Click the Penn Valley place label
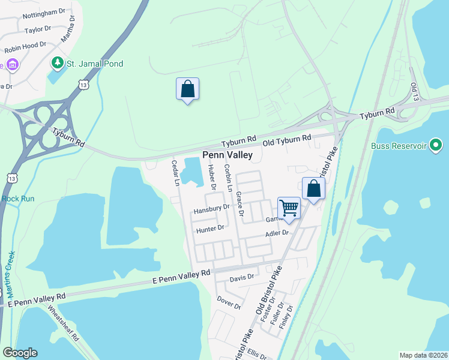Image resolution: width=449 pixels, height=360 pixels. [x=227, y=155]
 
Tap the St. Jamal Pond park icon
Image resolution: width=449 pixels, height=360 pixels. [x=58, y=63]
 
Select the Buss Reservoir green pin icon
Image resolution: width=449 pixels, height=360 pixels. [x=436, y=146]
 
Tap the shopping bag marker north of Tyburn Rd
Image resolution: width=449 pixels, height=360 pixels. [x=187, y=89]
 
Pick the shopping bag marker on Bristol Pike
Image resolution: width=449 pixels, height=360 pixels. [x=313, y=189]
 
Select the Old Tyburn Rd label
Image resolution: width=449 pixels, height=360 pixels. [x=288, y=139]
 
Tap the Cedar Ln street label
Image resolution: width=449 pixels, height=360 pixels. [x=176, y=173]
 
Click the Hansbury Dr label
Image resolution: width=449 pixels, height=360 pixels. [x=212, y=209]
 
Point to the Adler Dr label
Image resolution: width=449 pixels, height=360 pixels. [x=277, y=233]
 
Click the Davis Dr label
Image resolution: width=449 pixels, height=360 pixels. [x=242, y=278]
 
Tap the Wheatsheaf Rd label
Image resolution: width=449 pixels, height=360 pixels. [x=63, y=323]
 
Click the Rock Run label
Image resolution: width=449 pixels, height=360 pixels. [x=18, y=199]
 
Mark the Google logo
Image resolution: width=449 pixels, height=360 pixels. [x=20, y=353]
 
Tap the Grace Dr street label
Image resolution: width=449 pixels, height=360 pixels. [x=240, y=204]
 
